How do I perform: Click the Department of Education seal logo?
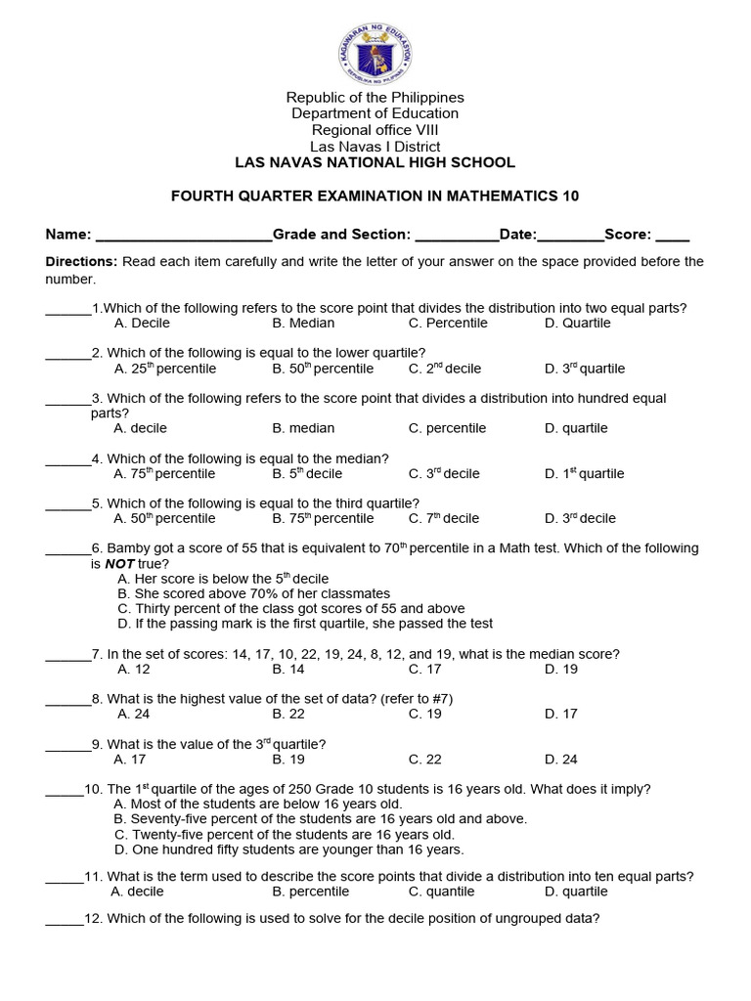click(x=375, y=48)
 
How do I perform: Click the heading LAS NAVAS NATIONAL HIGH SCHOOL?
click(x=375, y=162)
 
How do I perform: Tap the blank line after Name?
click(x=183, y=236)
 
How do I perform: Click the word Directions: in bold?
click(x=81, y=262)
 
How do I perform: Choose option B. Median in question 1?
click(x=303, y=324)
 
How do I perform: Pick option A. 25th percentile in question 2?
click(x=165, y=370)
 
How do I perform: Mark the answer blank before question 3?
click(x=67, y=400)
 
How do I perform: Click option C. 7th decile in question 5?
click(x=444, y=519)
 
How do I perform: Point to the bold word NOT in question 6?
click(x=119, y=565)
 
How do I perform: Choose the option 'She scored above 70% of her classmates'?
click(x=253, y=594)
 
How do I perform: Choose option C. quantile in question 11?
click(x=441, y=892)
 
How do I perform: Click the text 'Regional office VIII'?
click(x=375, y=130)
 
